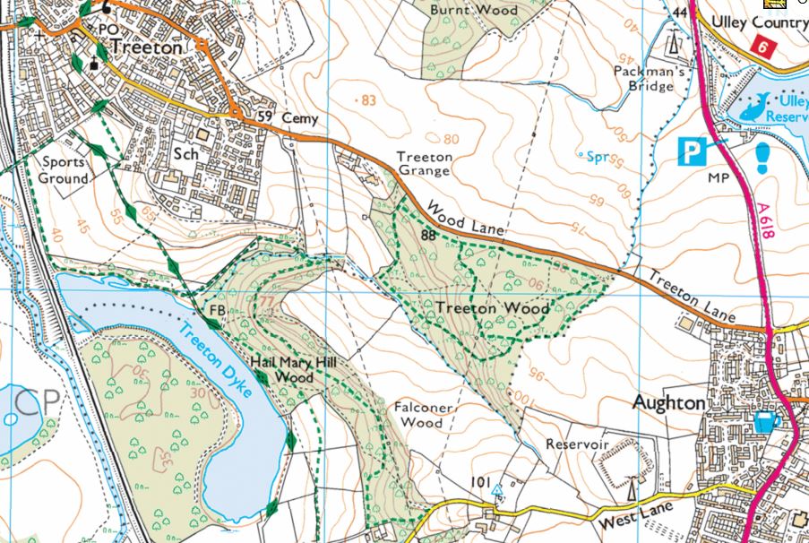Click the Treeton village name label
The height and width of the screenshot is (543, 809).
[150, 47]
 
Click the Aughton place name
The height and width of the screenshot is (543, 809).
[668, 403]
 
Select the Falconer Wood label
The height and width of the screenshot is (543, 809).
[419, 414]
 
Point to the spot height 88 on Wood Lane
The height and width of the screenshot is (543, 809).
[429, 236]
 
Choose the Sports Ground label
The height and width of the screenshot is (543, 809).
[63, 170]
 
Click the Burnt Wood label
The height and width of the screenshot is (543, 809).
[461, 10]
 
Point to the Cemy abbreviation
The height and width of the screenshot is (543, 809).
[299, 118]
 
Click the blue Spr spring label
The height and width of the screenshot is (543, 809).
[598, 158]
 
